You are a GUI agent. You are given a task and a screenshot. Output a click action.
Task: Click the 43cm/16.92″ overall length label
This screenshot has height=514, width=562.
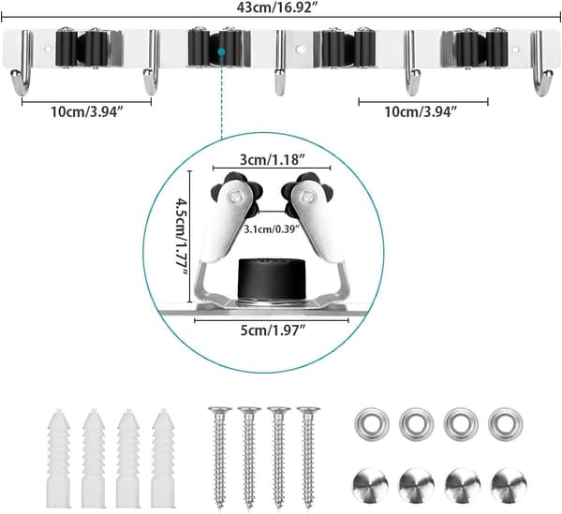pos(278,7)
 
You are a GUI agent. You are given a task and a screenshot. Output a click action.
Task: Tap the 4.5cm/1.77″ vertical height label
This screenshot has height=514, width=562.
pos(182,237)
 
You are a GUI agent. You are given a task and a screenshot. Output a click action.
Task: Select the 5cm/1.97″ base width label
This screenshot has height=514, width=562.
pos(273,330)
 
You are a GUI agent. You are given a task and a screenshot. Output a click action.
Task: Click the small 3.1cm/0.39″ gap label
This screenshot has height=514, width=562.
pos(272,229)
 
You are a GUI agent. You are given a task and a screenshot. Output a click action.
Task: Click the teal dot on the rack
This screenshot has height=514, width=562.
pos(221,51)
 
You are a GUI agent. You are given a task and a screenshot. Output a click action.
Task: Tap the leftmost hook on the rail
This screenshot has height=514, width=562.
pos(22,63)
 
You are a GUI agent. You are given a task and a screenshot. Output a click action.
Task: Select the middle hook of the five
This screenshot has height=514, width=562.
pos(280,63)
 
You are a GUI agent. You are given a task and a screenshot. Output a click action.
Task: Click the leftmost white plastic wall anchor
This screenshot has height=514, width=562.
pos(59,458)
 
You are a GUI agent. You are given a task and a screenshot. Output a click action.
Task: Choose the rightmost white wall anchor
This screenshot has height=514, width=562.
pos(163,458)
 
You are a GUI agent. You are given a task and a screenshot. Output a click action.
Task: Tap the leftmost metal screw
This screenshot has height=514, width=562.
pos(220,458)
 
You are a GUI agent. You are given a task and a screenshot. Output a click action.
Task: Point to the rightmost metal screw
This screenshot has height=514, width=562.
pos(308,458)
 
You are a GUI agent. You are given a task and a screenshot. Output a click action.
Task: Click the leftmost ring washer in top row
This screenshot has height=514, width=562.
pos(371,424)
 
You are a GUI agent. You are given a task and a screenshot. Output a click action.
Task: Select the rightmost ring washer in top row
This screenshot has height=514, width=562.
pos(506,424)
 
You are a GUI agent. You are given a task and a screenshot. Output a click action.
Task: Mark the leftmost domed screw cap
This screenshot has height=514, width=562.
pos(371,485)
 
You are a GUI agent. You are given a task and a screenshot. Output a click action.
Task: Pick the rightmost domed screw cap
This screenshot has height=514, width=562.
pos(509,485)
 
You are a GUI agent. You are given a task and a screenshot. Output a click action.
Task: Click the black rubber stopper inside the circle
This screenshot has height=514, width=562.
pos(272,279)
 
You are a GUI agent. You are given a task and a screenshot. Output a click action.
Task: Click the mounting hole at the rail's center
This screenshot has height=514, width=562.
pos(300,49)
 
